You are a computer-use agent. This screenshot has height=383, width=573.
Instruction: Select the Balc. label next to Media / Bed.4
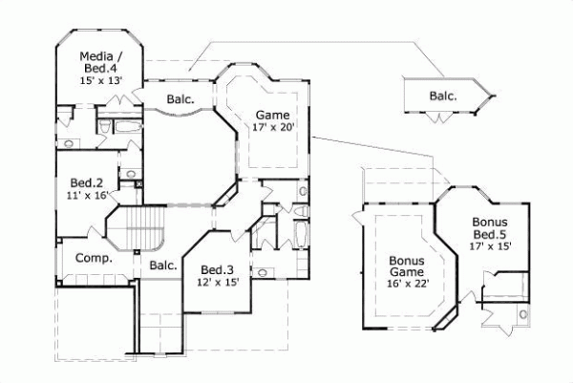point(178,98)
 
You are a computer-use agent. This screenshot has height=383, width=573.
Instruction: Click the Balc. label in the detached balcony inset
point(442,96)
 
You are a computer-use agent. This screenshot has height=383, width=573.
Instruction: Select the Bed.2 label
point(87,182)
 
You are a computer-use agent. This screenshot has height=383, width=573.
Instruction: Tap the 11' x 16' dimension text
point(88,196)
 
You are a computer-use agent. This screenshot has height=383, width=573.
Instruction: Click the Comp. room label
point(94,258)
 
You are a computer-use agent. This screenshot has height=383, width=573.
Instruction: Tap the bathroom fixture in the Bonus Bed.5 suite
point(522,314)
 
